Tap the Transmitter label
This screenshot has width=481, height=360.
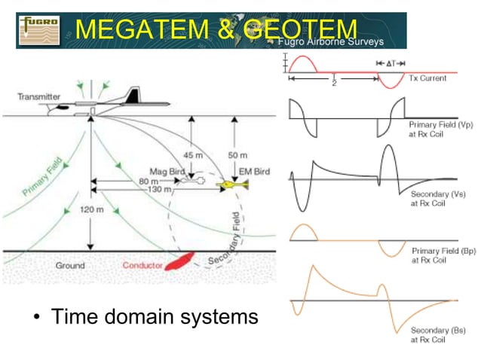[40, 97]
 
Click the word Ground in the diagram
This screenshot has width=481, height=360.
[70, 266]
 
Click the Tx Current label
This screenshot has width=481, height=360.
[427, 78]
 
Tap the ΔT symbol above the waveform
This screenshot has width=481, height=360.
[392, 63]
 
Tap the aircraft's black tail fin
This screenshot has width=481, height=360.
[133, 95]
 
